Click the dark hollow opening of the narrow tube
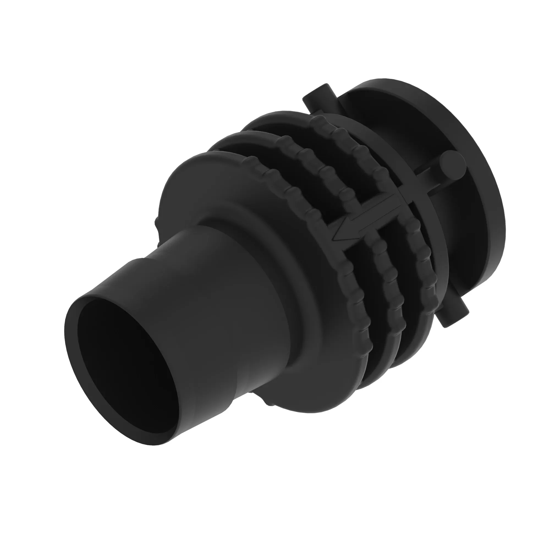pyautogui.click(x=128, y=356)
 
